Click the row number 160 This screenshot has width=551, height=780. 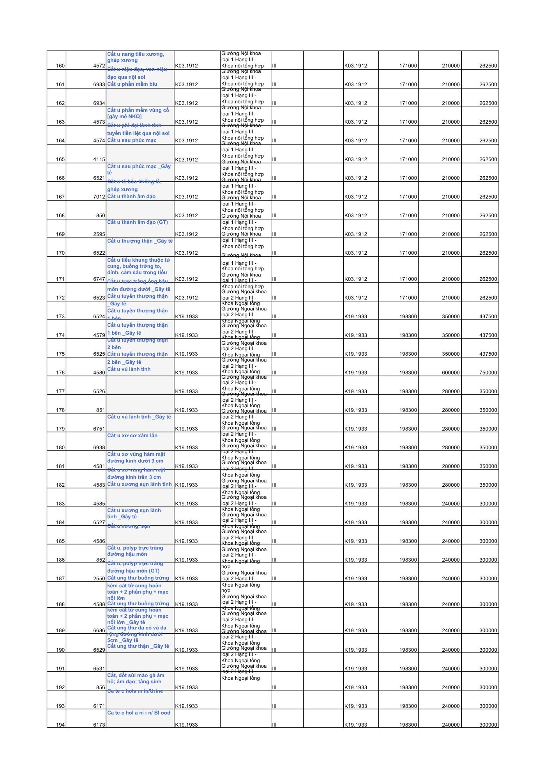point(60,66)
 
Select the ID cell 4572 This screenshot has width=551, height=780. point(99,66)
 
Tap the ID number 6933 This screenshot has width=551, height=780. point(99,85)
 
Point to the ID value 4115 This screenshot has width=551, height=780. point(99,160)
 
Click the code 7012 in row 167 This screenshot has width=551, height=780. point(99,197)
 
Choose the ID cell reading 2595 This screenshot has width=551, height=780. point(99,234)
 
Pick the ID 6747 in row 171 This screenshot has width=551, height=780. point(99,279)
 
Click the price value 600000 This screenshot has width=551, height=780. point(450,373)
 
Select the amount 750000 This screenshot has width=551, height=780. point(488,373)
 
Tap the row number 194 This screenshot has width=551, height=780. point(60,725)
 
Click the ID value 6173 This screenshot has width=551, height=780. point(99,725)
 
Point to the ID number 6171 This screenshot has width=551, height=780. point(99,706)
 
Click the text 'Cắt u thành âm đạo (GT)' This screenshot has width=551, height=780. point(138,222)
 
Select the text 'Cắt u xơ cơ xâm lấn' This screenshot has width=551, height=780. point(132,436)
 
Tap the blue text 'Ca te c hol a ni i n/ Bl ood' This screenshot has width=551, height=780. point(139,713)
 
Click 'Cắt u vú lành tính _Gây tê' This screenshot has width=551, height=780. point(139,417)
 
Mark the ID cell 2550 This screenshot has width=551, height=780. point(99,579)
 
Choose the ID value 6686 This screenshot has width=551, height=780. point(99,631)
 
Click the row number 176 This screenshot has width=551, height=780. point(60,373)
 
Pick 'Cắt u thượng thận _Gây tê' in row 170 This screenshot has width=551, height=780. point(140,241)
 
